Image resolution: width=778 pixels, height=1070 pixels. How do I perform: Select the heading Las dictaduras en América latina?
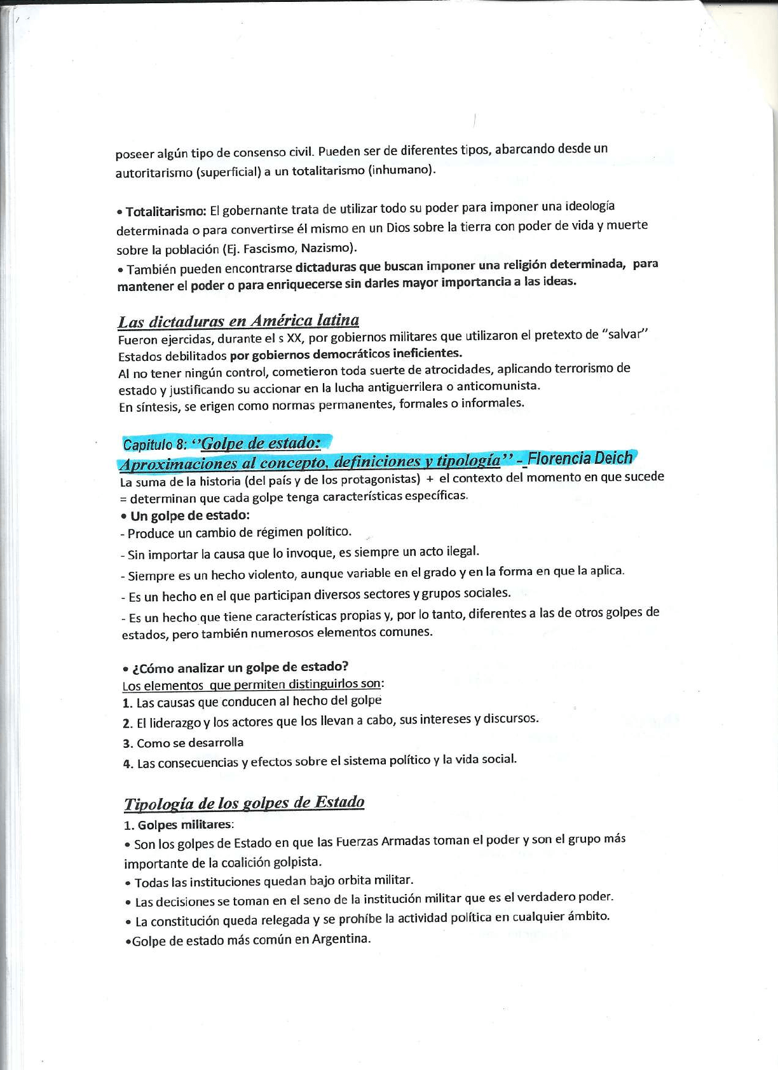[x=238, y=321]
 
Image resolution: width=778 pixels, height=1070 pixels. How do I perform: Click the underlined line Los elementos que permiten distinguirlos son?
[x=252, y=684]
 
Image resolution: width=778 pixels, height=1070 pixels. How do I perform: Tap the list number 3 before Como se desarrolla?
[x=126, y=743]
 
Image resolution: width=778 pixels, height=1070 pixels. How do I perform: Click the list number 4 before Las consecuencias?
[x=127, y=764]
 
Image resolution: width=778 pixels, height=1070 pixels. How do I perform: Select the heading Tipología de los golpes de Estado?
[x=244, y=803]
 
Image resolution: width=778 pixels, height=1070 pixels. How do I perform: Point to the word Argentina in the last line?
[x=340, y=938]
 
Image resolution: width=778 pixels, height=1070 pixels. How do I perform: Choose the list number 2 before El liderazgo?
[x=126, y=723]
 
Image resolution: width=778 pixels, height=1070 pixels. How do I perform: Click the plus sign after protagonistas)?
[x=430, y=478]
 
